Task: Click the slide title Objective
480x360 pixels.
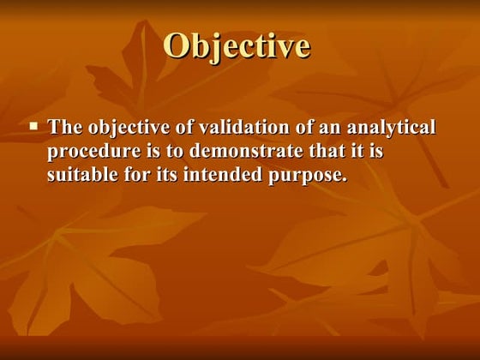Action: click(x=236, y=45)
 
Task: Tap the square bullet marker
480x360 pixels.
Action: click(x=34, y=125)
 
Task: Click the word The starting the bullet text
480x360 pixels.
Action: click(x=63, y=129)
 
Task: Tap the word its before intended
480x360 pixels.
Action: click(x=170, y=176)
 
